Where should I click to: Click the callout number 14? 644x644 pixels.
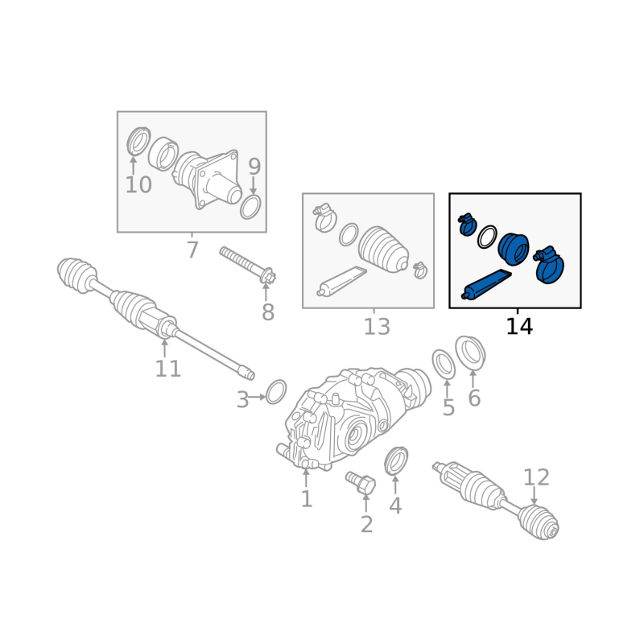coord(519,327)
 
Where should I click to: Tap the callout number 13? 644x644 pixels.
coord(377,327)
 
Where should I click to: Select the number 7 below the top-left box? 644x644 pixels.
coord(192,250)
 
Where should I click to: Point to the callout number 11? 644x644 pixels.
coord(167,369)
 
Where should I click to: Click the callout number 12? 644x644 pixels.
coord(536,477)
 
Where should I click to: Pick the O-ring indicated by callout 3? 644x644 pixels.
coord(276,392)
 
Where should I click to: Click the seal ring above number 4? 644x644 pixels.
coord(396,460)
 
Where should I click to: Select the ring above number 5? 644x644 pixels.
coord(444,365)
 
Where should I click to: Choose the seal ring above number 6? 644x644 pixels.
coord(471,353)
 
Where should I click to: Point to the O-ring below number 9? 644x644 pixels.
coord(250,208)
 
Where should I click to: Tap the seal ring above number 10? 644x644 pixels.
coord(138,142)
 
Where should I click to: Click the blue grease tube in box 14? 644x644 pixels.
coord(486,284)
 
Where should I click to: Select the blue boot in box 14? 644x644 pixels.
coord(514,249)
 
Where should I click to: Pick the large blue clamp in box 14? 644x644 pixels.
coord(549,266)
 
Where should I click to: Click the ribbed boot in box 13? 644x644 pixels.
coord(384,249)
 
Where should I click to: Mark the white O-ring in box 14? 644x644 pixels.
coord(487,237)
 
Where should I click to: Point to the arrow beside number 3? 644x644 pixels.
coord(258,397)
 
